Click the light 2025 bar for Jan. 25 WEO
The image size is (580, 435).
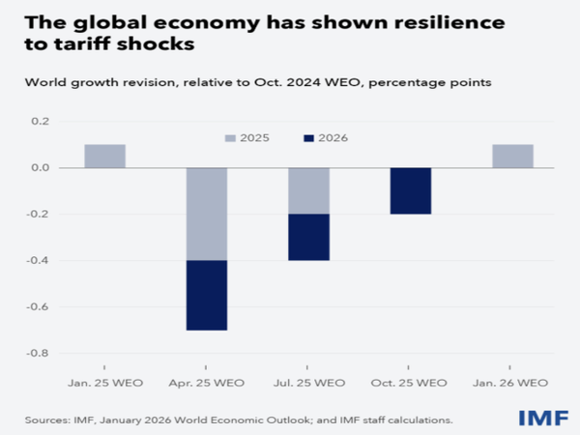tap(104, 156)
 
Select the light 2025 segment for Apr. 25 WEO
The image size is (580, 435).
tap(207, 214)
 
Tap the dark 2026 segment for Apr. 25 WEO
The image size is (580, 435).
tap(207, 295)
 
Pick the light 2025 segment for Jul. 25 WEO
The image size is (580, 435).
tap(308, 190)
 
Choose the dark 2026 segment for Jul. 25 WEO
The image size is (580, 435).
tap(308, 237)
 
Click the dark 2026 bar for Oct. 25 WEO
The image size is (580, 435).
tap(411, 190)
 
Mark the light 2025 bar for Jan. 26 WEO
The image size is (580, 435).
tap(512, 156)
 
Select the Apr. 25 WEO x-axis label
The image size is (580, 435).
tap(207, 383)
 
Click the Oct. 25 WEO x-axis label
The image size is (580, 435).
tap(411, 383)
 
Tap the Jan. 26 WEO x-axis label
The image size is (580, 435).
tap(512, 383)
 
